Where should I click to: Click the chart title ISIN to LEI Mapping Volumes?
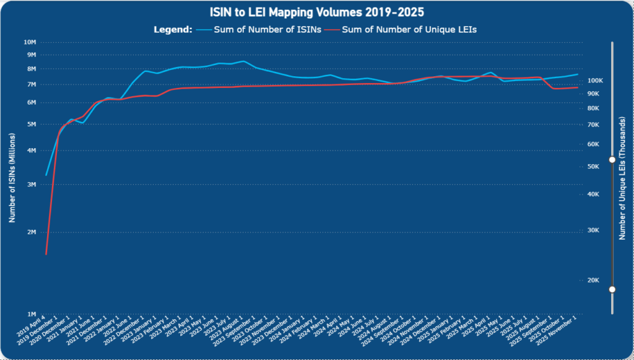[317, 12]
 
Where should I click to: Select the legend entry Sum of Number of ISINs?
[266, 29]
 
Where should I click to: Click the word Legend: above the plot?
[172, 29]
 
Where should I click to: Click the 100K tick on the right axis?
[595, 81]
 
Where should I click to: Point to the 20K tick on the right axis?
[593, 280]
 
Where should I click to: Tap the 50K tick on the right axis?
[593, 167]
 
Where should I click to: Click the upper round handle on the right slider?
[612, 159]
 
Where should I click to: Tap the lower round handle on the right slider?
[612, 289]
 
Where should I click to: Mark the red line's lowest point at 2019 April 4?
[46, 254]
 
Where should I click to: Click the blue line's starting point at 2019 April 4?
[46, 175]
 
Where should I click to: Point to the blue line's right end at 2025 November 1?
[578, 74]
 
